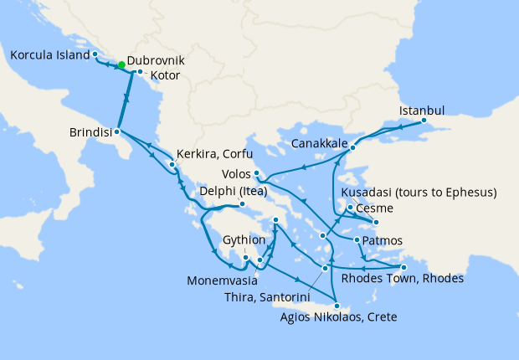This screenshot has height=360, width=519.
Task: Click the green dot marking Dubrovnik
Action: point(121,64)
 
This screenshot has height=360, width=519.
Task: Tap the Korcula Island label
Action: point(49,55)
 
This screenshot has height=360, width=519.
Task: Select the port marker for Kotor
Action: point(140,72)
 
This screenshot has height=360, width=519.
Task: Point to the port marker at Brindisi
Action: point(117,131)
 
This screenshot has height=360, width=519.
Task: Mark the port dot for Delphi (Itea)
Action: point(242,204)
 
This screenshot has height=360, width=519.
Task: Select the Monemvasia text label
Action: point(221,273)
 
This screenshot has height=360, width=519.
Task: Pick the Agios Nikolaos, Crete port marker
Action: point(337,306)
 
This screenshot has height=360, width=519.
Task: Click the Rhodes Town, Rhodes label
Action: point(403,278)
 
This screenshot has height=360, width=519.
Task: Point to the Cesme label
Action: point(373,208)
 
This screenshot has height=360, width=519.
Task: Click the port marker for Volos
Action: point(257,173)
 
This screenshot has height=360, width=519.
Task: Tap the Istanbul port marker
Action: point(424,121)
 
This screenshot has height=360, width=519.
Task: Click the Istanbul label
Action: point(422,110)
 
